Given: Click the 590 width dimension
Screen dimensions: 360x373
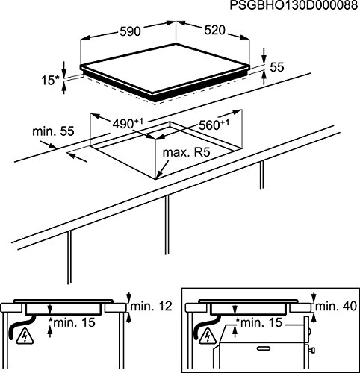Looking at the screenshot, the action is [131, 31].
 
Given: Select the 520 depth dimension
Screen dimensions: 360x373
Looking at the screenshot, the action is [214, 31].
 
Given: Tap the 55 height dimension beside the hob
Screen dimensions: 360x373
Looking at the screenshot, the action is [277, 67].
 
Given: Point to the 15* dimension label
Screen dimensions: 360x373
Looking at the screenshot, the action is [51, 81].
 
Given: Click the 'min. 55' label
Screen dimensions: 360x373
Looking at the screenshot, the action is [53, 131].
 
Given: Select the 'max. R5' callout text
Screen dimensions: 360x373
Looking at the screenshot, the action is [187, 152].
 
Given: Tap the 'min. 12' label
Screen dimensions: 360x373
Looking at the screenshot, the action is [152, 306].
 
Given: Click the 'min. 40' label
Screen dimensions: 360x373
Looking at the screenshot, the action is [336, 307].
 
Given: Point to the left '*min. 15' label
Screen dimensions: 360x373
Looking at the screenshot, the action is [72, 322].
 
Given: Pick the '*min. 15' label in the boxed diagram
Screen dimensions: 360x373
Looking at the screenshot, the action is [258, 322].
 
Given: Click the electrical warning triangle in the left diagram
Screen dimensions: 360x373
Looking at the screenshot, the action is [25, 335].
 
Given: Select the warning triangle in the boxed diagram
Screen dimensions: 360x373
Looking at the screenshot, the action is [208, 336].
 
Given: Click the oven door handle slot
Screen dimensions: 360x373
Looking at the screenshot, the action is [264, 348].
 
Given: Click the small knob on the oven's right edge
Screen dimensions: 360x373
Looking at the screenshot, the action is [312, 351].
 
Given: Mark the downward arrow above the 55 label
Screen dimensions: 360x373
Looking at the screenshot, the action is [264, 55].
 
